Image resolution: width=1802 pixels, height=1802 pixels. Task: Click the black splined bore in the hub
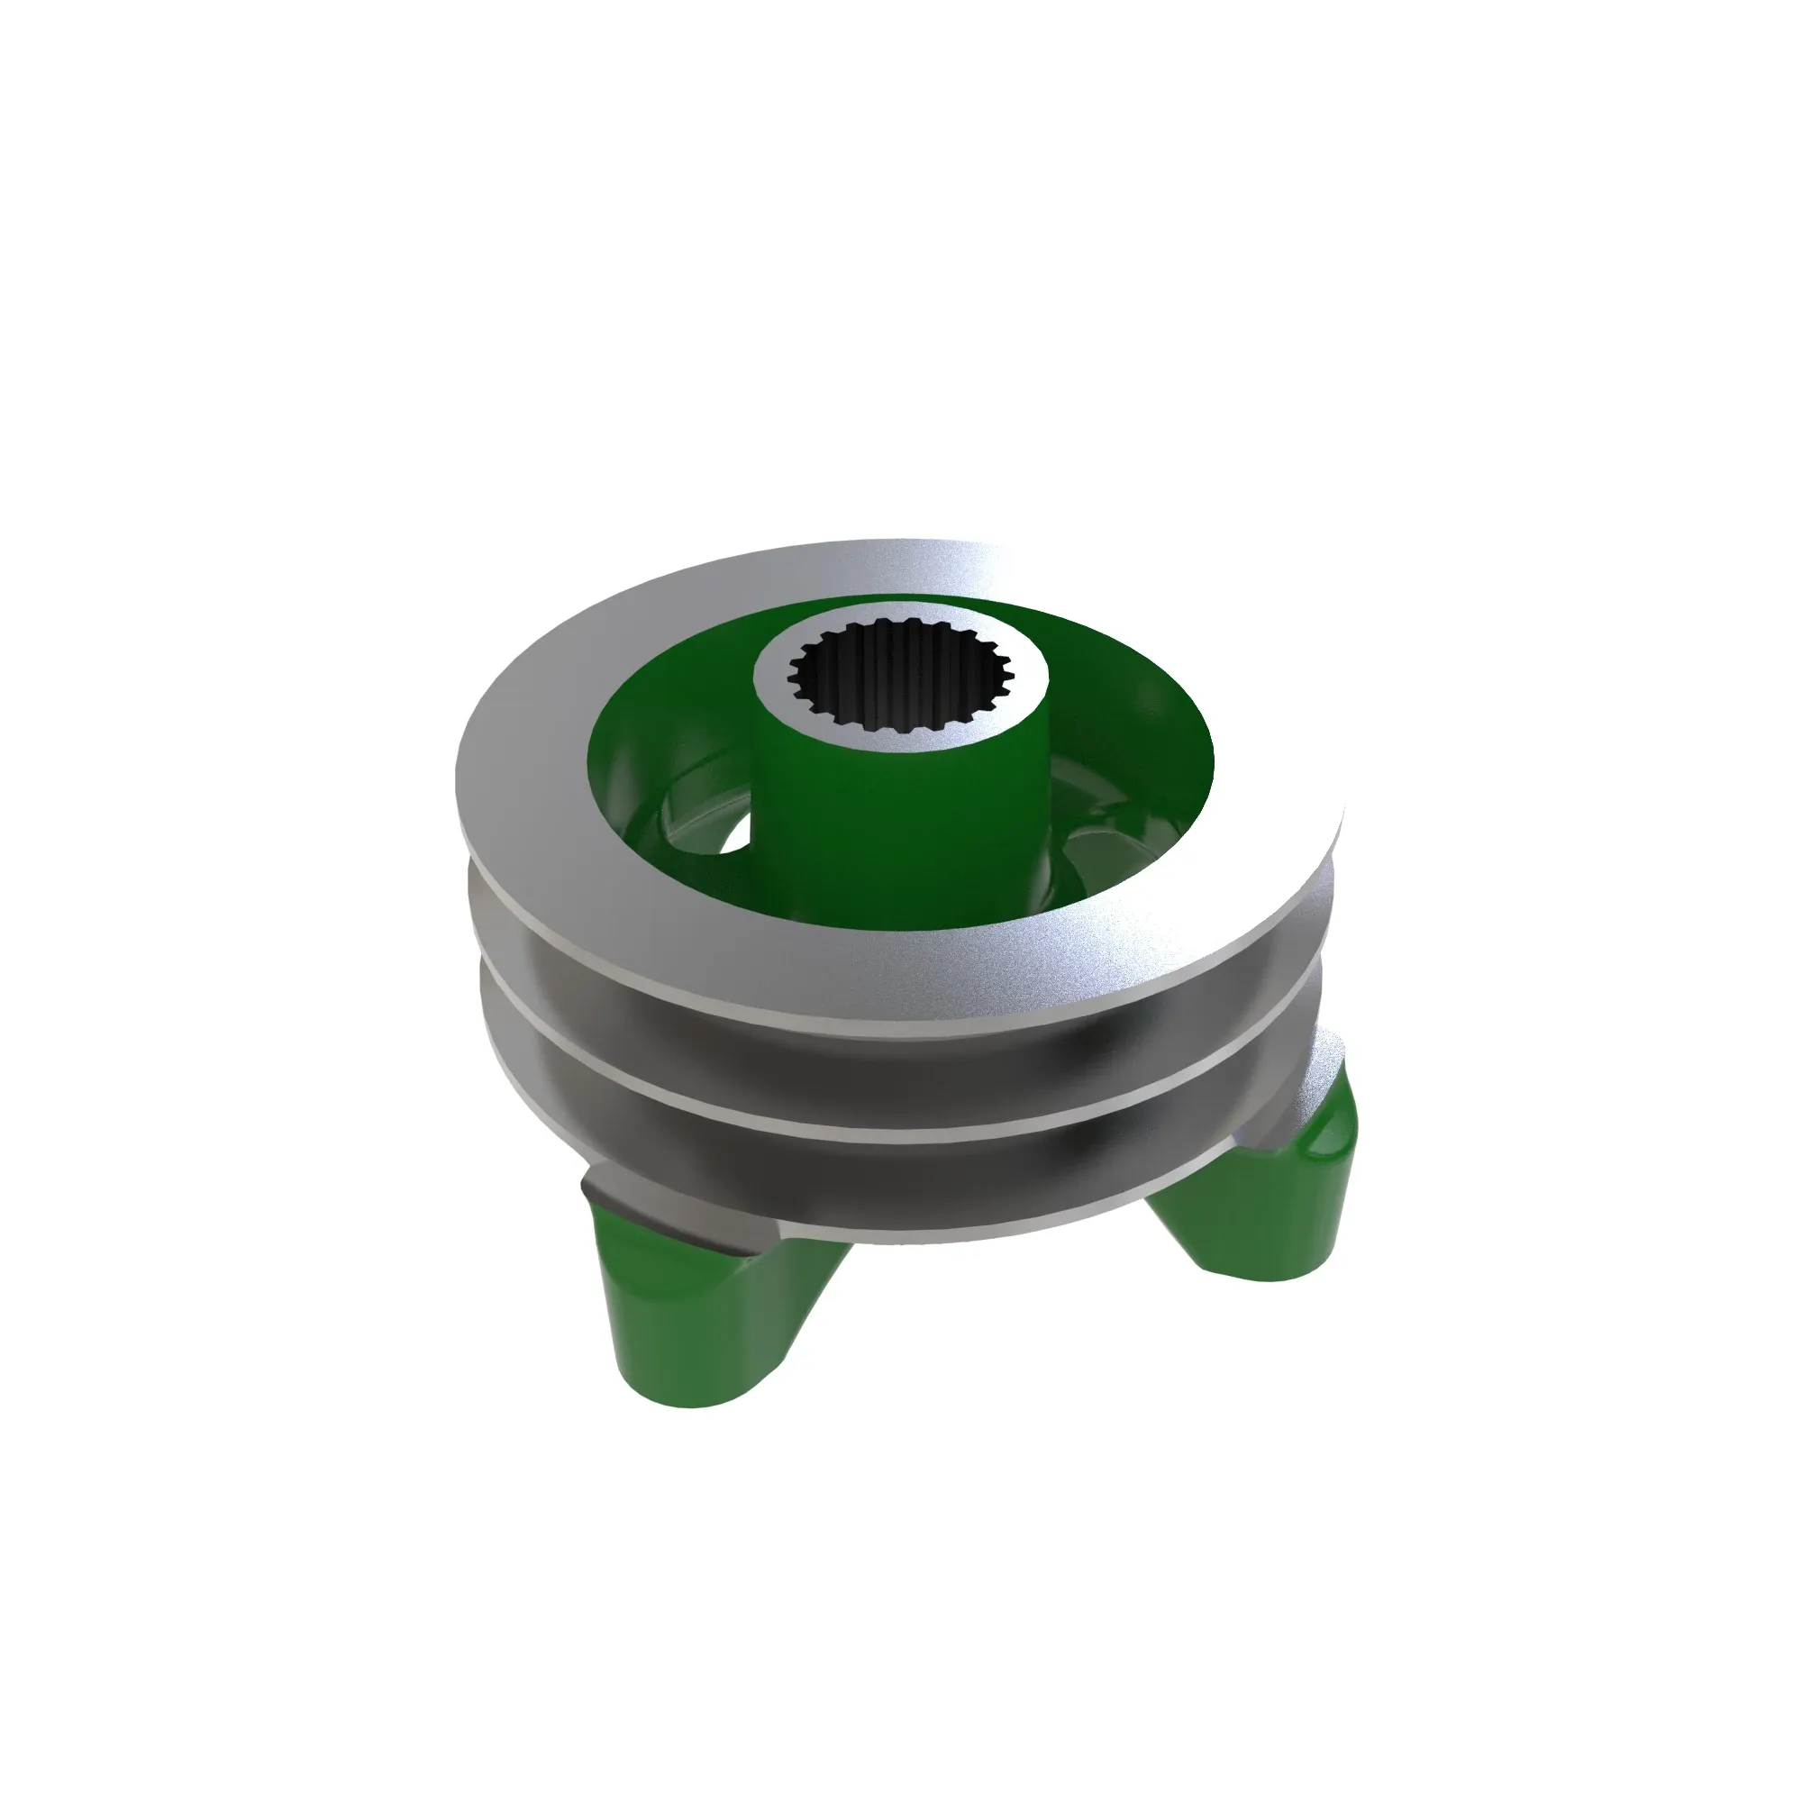[x=900, y=677]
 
